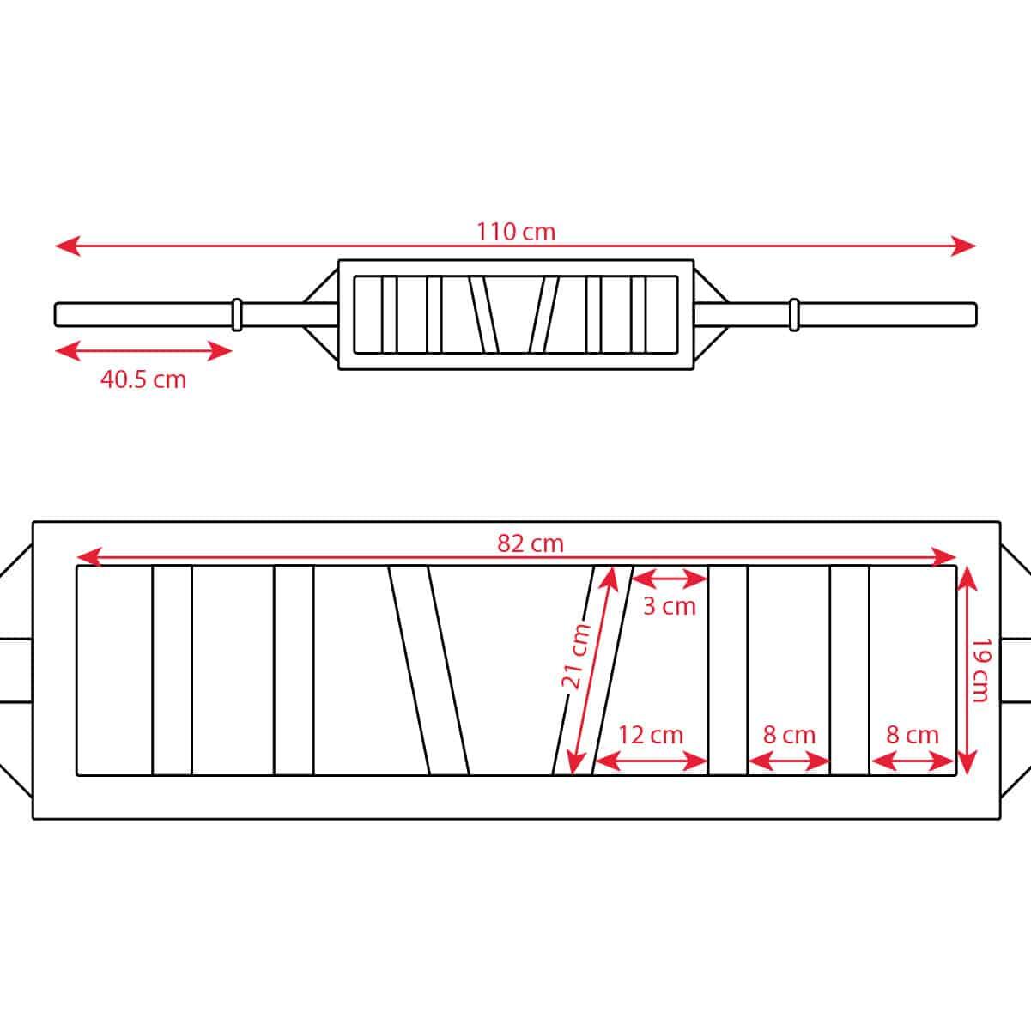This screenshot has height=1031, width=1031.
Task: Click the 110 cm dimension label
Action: [x=516, y=232]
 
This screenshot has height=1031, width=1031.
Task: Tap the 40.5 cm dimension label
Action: [x=143, y=379]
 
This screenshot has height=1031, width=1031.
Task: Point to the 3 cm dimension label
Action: [x=670, y=606]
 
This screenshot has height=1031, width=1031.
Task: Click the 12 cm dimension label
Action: [x=651, y=735]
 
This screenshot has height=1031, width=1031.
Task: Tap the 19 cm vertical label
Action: [x=981, y=670]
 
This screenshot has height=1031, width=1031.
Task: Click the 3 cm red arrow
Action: [x=670, y=579]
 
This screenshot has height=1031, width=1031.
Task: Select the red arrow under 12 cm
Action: [x=651, y=761]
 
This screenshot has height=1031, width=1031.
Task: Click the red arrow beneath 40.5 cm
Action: [x=143, y=350]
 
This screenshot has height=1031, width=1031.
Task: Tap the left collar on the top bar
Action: [x=238, y=314]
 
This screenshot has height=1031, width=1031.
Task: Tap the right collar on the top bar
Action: [x=794, y=314]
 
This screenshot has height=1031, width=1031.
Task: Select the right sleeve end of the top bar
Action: [x=973, y=314]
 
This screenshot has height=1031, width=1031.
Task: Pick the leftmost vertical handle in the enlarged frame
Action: [x=172, y=670]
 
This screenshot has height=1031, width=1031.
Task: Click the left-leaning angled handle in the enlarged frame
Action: [x=428, y=670]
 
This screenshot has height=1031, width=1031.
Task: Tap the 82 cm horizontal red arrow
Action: [x=343, y=559]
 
